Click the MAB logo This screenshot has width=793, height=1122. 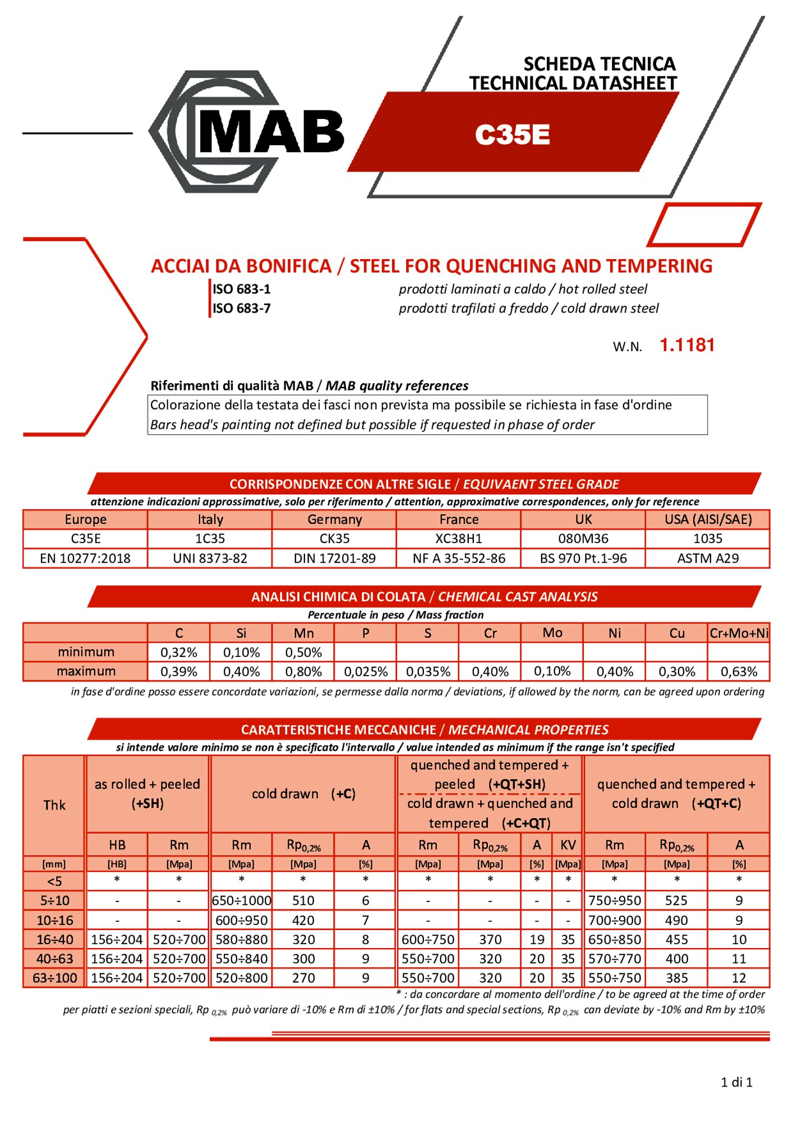247,132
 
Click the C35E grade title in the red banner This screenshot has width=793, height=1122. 512,135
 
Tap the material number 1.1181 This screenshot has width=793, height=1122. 687,345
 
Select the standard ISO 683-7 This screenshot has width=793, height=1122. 241,309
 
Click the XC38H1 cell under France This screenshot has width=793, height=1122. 459,539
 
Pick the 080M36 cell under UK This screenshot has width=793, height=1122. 583,539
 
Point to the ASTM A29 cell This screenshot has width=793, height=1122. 708,558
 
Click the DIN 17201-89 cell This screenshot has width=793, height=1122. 335,558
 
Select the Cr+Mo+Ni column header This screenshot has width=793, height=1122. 739,633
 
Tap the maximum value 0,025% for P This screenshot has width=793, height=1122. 366,672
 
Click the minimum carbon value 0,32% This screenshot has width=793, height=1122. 179,652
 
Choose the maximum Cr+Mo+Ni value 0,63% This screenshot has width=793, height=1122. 739,672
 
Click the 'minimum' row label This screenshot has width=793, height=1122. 86,652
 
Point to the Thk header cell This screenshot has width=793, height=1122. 54,805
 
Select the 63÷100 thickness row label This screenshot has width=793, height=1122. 54,978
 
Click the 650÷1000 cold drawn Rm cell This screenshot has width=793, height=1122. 241,900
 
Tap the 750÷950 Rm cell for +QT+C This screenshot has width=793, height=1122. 615,900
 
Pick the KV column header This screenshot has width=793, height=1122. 568,845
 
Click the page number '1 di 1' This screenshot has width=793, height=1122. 736,1082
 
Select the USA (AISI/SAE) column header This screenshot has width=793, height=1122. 708,519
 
